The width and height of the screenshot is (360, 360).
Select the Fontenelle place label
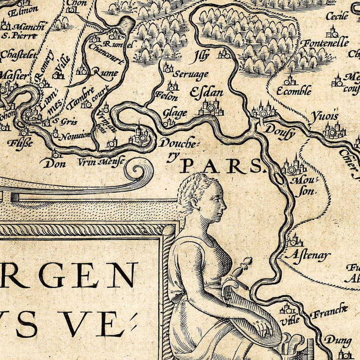tap(326, 43)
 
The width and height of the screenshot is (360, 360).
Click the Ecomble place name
tap(294, 91)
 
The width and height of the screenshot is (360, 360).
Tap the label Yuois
tap(325, 116)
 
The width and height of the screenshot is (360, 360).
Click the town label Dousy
tap(280, 133)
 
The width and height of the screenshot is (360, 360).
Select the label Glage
tap(175, 113)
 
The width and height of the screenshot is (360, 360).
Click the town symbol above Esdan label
tap(211, 107)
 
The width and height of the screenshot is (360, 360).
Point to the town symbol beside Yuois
tap(335, 130)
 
